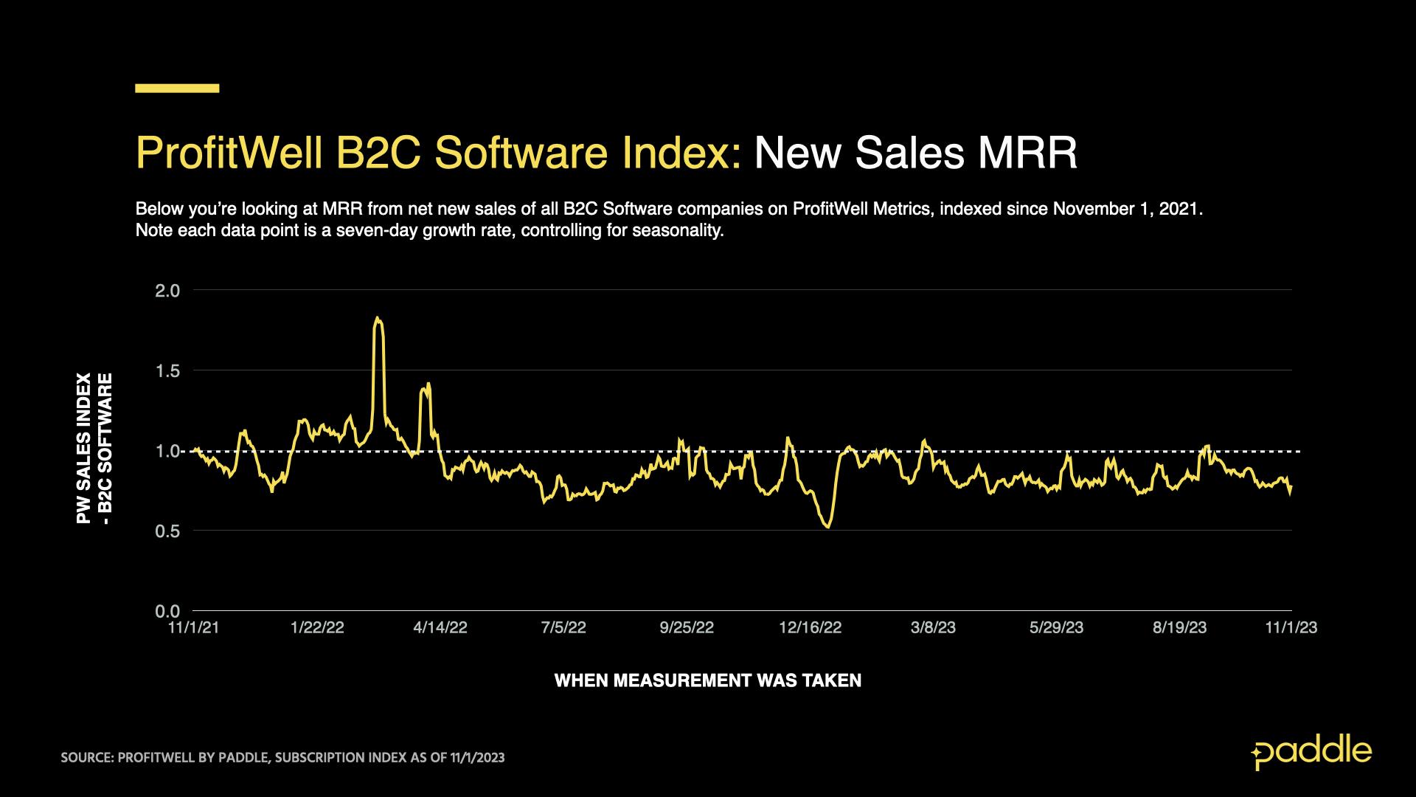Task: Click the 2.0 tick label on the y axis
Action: point(167,291)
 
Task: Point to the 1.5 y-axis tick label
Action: point(167,370)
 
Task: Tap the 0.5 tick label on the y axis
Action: point(167,531)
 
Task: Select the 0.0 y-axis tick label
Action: point(167,611)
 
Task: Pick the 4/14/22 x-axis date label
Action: point(440,628)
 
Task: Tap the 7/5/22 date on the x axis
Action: point(563,628)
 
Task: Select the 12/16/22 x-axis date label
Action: point(810,628)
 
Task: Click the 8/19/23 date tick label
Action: point(1180,628)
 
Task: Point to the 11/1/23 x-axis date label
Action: point(1291,628)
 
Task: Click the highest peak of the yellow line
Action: point(377,318)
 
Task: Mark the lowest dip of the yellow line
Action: point(828,527)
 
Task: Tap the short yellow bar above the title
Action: point(177,89)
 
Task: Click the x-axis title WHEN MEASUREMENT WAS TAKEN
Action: point(707,680)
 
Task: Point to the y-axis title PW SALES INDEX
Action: point(84,448)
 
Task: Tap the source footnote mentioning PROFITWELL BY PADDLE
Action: point(282,758)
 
